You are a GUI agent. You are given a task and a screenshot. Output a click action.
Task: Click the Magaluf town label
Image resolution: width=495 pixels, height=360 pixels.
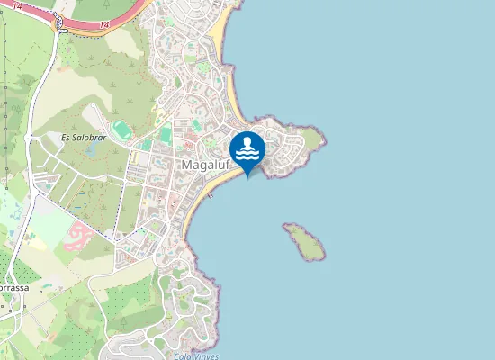coord(207,166)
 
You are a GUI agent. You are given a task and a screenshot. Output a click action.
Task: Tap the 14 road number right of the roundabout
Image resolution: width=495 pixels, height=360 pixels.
coord(104,24)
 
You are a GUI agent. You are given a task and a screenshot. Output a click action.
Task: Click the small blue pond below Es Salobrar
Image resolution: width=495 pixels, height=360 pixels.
coord(91,151)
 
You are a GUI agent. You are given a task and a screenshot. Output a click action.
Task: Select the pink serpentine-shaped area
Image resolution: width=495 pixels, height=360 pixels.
coord(80,236)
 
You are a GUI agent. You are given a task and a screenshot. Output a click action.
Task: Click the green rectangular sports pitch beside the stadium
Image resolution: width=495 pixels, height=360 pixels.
coord(165,135)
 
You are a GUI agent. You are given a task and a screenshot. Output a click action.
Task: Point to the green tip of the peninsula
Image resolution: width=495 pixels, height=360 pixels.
coord(312,138)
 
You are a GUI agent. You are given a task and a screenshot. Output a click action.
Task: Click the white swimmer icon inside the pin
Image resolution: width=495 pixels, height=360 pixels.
coord(247,148)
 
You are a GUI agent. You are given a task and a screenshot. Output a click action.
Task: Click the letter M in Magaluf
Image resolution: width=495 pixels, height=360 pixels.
coord(186,166)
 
